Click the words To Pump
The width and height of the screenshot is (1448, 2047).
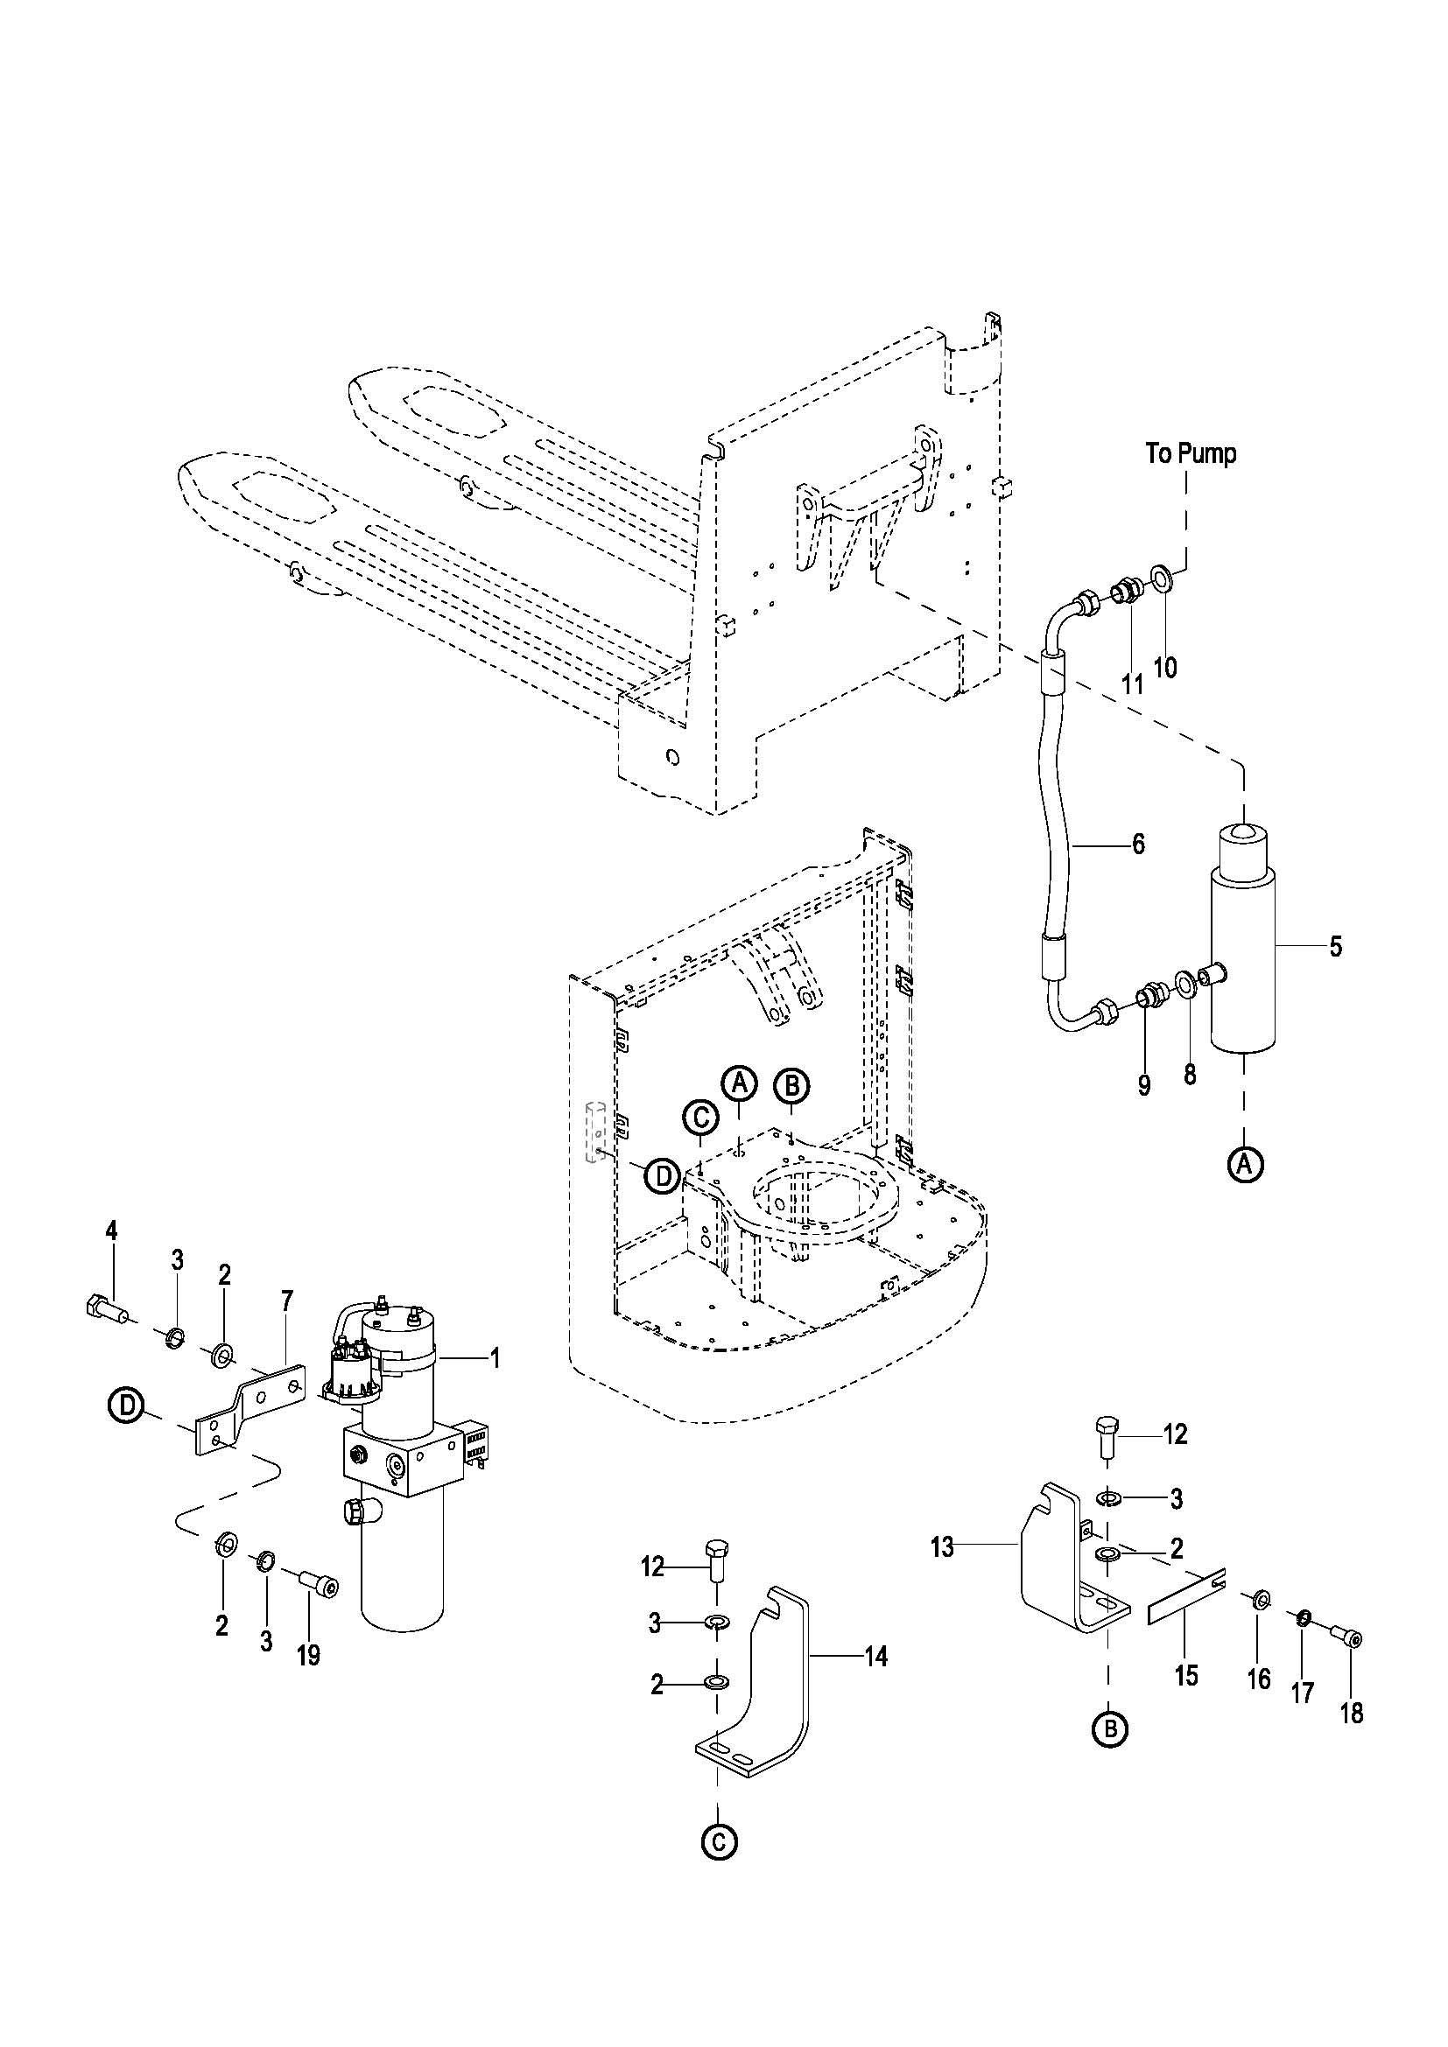click(x=1191, y=454)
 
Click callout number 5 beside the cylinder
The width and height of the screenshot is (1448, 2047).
click(x=1335, y=946)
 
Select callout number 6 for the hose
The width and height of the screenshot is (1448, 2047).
click(x=1139, y=844)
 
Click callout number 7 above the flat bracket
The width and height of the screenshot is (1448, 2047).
click(x=286, y=1301)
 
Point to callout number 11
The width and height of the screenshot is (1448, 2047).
click(x=1131, y=684)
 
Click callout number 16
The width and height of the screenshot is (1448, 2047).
click(x=1258, y=1679)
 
